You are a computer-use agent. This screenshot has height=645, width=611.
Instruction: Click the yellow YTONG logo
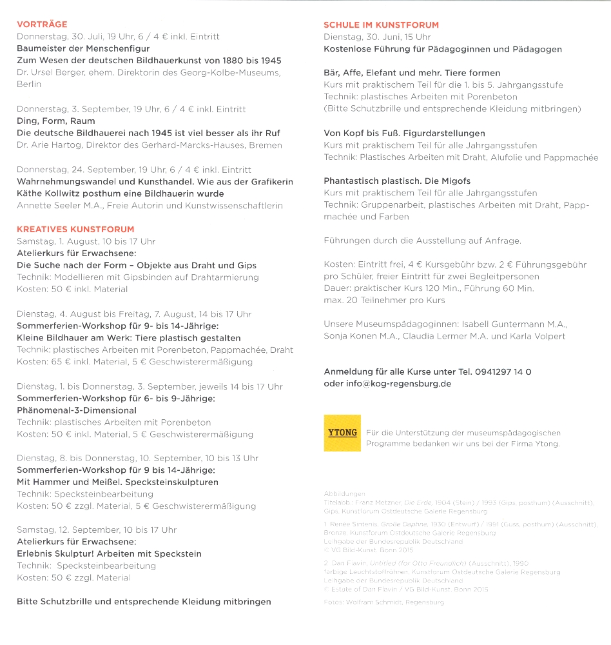pos(342,433)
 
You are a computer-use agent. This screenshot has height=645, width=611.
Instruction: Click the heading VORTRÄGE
pos(42,25)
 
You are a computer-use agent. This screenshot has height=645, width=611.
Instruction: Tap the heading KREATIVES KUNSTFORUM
pos(75,229)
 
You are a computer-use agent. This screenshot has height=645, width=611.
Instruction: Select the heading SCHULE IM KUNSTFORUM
pos(381,25)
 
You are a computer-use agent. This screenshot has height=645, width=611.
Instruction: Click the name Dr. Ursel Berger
pos(50,73)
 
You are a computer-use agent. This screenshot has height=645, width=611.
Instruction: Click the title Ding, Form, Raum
pos(55,121)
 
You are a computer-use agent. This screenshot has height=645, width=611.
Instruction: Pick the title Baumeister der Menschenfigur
pos(83,48)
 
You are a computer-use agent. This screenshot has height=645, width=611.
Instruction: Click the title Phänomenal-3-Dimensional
pos(76,410)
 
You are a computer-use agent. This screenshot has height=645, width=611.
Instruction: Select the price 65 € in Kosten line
pos(61,362)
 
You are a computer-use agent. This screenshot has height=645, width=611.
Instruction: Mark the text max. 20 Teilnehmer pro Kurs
pos(384,300)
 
